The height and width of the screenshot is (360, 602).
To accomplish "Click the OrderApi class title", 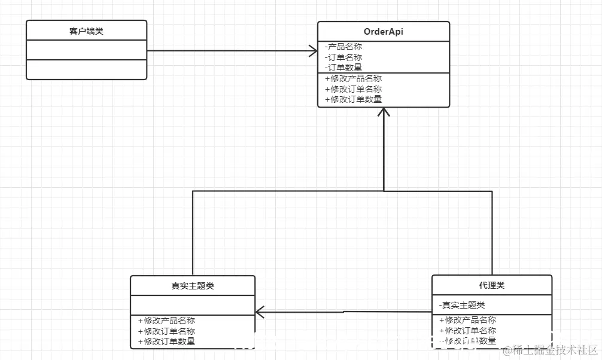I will tap(383, 32).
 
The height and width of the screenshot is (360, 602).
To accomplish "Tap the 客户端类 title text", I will tap(86, 31).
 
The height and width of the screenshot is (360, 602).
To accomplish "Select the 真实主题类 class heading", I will tap(192, 286).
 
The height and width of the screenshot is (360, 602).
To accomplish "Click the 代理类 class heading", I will tap(491, 285).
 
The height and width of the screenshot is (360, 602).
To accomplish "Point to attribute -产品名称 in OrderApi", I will tap(343, 47).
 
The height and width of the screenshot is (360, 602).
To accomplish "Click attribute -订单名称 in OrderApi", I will tap(343, 57).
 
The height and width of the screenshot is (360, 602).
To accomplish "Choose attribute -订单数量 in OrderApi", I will tap(343, 68).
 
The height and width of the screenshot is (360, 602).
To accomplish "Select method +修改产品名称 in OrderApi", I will tap(353, 78).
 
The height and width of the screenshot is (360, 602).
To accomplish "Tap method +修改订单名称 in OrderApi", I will tap(353, 89).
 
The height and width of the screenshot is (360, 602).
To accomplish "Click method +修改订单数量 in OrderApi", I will tap(353, 99).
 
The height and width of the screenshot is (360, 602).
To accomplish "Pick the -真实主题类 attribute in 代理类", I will tap(461, 305).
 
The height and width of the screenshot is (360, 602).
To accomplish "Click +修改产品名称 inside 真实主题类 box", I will tap(166, 321).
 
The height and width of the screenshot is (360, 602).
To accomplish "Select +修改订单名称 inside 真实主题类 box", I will tap(166, 331).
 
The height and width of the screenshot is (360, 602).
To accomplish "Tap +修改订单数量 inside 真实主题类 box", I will tap(166, 341).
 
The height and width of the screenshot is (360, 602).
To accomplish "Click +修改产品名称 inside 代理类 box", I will tap(467, 320).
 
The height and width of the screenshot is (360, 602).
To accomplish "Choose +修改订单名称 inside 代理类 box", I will tap(467, 331).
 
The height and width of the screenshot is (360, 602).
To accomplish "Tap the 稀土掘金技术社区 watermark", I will tap(551, 350).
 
